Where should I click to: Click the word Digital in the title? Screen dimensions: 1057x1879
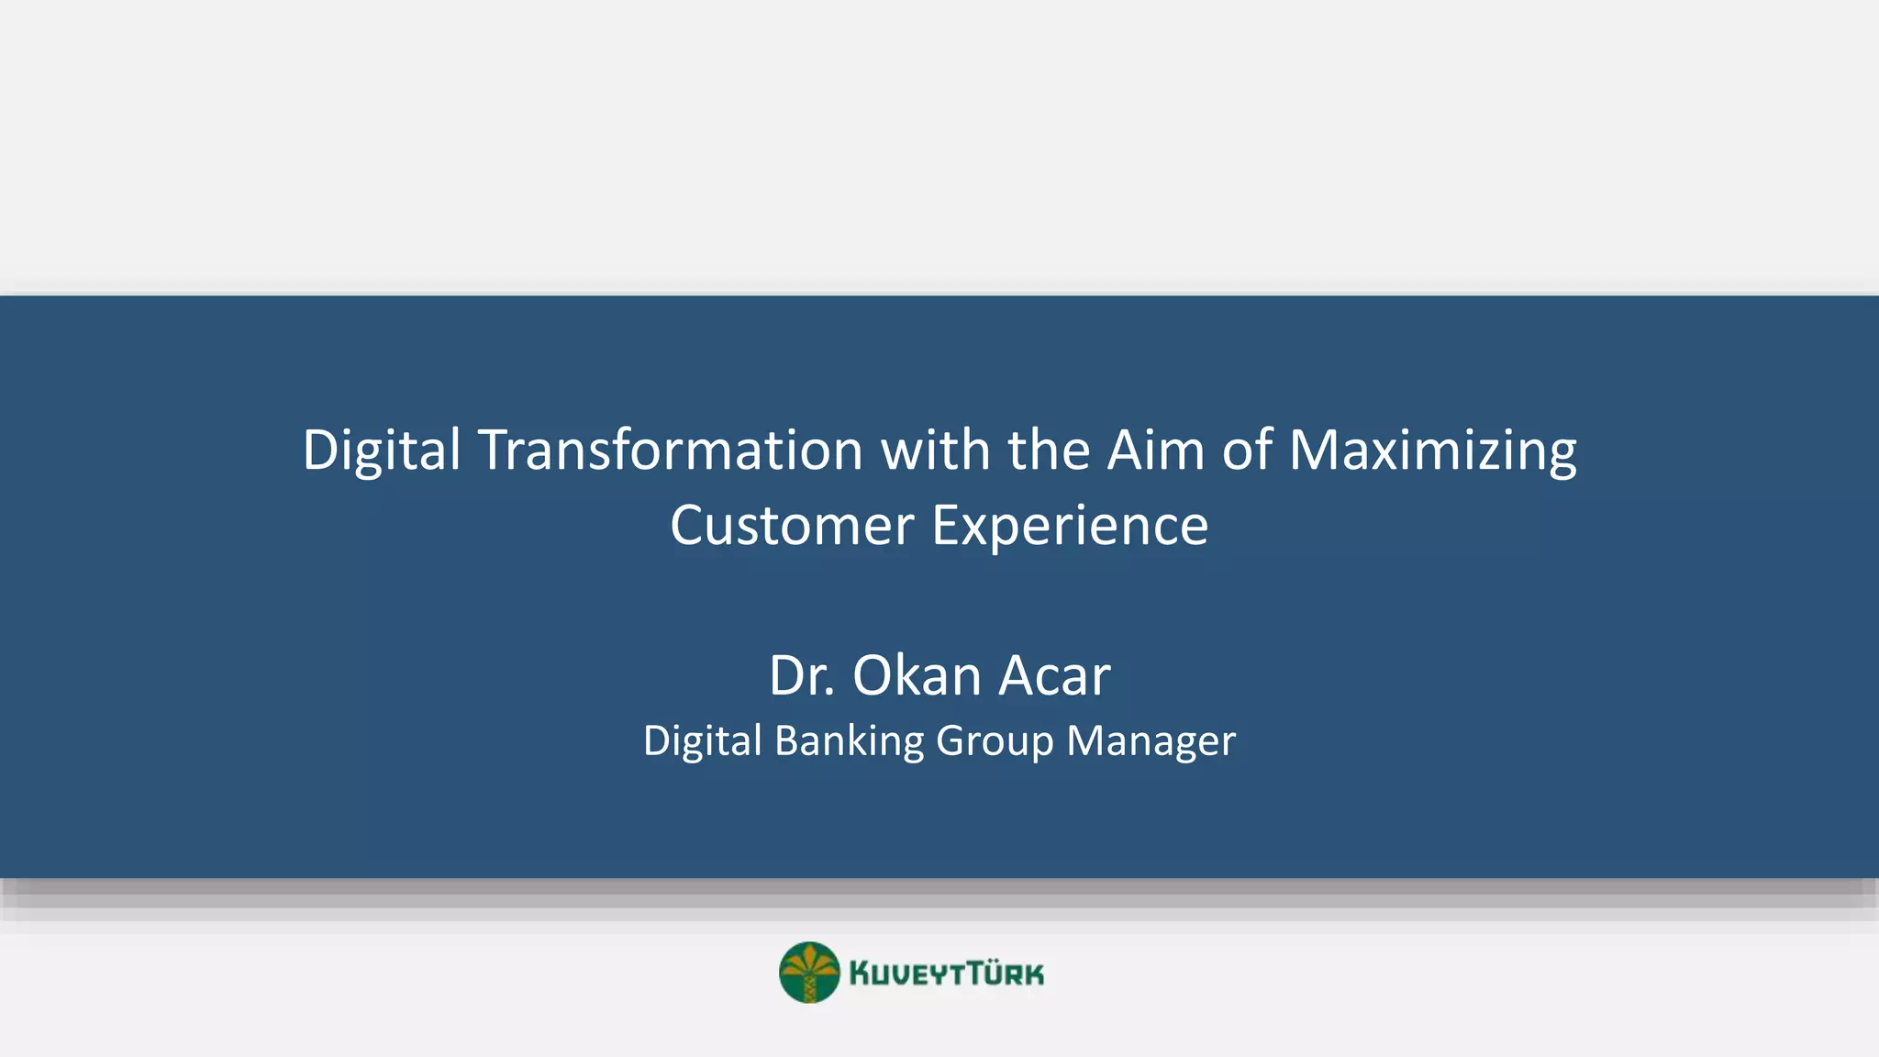382,451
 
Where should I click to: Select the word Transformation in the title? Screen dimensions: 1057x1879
671,451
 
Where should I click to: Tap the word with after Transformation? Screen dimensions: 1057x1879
935,451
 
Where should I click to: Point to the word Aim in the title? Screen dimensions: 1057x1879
1155,451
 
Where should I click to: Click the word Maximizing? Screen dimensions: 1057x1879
1432,451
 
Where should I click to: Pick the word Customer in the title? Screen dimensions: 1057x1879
792,527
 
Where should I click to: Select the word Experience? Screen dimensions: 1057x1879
1070,527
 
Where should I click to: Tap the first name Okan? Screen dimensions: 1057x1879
917,676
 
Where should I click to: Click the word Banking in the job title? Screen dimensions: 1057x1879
849,741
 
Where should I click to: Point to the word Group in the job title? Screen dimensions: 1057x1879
995,741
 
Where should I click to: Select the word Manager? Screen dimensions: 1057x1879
1151,741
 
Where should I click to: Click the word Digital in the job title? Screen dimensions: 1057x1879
703,741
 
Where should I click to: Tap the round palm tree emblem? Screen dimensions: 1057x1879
809,973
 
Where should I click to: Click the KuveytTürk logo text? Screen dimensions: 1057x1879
946,974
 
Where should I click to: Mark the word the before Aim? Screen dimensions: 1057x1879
1049,451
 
